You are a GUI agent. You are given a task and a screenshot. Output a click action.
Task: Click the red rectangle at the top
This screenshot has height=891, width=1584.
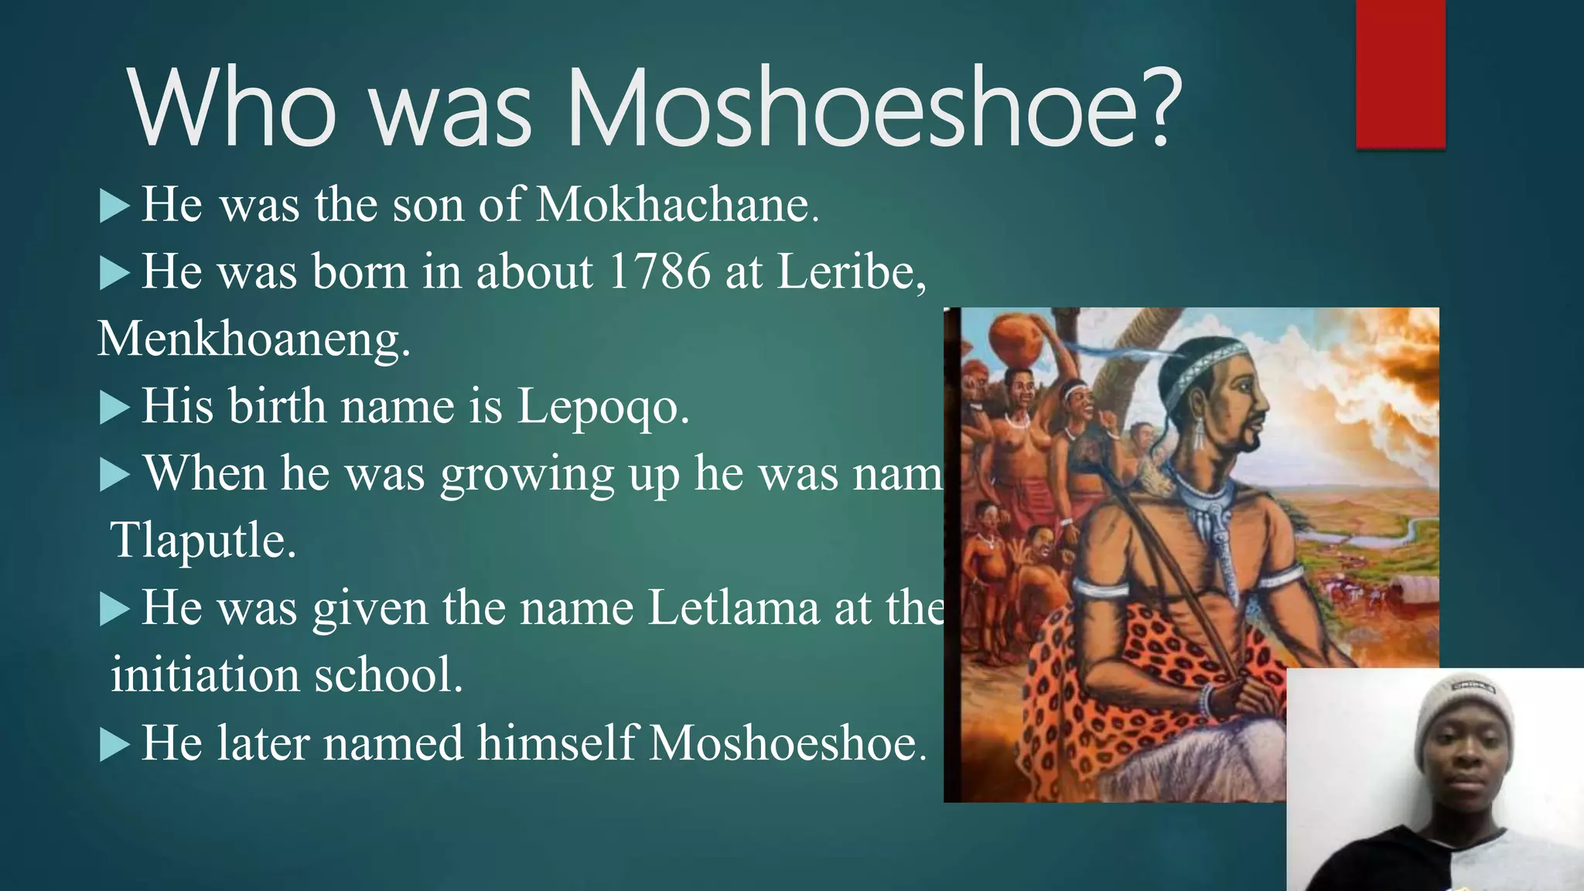coord(1400,73)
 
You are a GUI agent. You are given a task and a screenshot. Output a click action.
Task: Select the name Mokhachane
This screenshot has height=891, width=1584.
coord(677,205)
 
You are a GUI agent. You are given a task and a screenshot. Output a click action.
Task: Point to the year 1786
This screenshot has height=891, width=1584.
coord(659,272)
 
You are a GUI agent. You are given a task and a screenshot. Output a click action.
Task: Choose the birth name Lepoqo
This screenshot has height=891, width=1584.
coord(603,407)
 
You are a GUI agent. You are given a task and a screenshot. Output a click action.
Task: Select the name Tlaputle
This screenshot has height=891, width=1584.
coord(203,540)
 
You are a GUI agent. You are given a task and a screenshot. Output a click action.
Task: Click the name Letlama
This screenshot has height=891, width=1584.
coord(733,608)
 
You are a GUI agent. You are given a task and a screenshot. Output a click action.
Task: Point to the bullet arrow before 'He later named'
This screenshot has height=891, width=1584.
coord(114,745)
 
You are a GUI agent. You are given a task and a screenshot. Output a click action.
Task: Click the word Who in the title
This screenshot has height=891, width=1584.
coord(232,108)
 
